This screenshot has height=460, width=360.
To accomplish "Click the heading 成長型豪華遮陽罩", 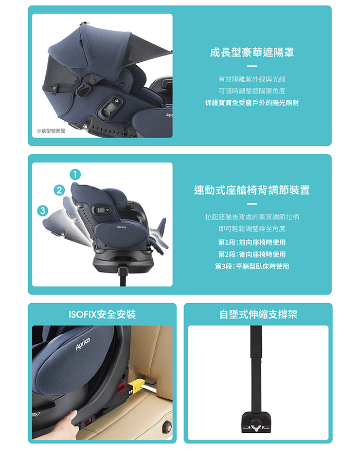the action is pos(252,52).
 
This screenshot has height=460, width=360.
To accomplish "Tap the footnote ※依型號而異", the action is pos(51,131).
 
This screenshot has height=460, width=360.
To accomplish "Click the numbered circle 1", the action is pos(75,175).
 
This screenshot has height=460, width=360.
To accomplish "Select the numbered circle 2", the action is pos(59,190).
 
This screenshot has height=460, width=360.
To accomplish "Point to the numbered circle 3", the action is pos(43,211).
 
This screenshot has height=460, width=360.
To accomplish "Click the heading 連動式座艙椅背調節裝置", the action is pos(252,190).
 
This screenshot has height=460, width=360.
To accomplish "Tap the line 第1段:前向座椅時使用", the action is pos(252,242).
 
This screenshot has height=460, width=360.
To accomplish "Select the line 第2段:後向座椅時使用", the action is pos(252,254).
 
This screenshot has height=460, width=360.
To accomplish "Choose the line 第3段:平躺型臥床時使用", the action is pos(252,266).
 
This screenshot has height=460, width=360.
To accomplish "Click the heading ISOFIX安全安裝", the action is pos(102,315).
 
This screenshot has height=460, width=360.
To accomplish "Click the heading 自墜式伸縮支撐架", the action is pos(258,315).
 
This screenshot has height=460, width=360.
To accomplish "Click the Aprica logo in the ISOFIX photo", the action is pos(83,343).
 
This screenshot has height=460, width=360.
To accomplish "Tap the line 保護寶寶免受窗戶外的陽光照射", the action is pos(252,103).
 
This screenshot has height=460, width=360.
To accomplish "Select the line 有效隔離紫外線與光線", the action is pos(252,79).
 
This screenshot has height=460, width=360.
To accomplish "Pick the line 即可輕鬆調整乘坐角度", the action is pos(252,229).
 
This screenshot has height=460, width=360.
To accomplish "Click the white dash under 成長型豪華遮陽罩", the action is pos(252,66).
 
